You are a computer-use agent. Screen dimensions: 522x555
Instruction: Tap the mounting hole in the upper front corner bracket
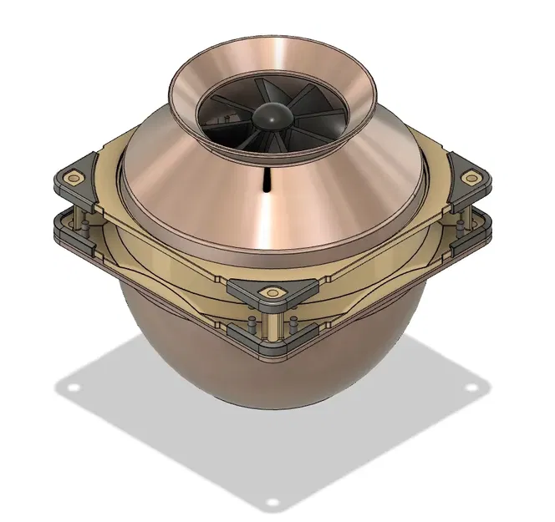tap(272, 292)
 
